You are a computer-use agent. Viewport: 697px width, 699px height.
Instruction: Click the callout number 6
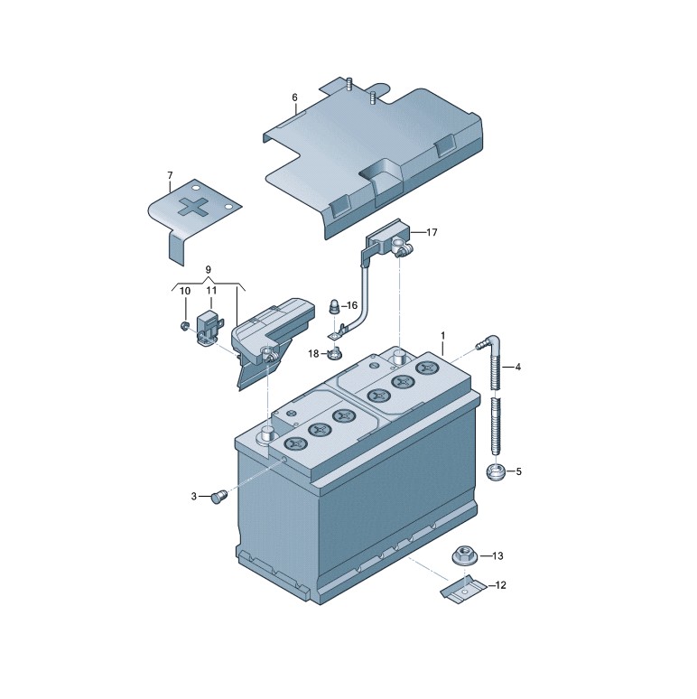(x=294, y=98)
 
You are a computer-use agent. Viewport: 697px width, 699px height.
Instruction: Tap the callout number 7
(x=170, y=175)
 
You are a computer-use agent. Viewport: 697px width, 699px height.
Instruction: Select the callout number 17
(x=432, y=232)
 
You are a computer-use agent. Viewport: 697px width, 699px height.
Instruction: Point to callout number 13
(x=497, y=556)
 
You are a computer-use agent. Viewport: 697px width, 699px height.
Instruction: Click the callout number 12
(x=500, y=585)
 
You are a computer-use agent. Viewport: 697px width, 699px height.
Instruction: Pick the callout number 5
(x=518, y=471)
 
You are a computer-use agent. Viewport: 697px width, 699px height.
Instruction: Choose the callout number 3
(x=194, y=496)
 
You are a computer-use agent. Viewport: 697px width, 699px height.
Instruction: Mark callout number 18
(x=313, y=353)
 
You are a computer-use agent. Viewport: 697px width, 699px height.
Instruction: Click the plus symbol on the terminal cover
(x=193, y=208)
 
